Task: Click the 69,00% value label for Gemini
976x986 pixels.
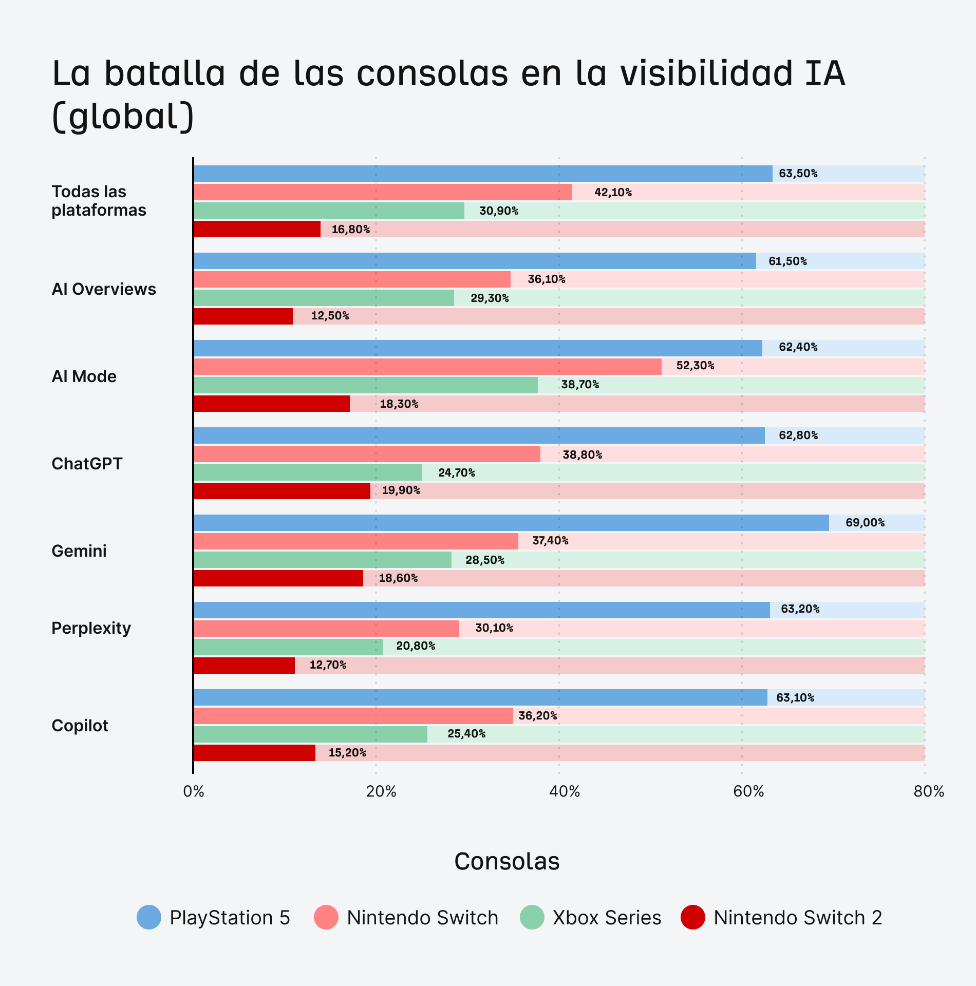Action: [x=865, y=523]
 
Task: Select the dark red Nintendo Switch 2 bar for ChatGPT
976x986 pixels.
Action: [x=281, y=491]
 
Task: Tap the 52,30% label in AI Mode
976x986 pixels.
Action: [x=695, y=366]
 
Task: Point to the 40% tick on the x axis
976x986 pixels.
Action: [x=564, y=791]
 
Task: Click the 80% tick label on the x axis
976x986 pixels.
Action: [x=929, y=791]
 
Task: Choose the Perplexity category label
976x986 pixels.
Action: [x=91, y=628]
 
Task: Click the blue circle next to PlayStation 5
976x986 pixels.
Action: [x=149, y=917]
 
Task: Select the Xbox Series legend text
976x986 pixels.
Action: [x=607, y=918]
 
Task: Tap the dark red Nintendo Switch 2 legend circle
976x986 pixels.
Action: [x=692, y=917]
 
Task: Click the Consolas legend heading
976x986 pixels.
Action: [x=506, y=861]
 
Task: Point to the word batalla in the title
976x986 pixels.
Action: [x=164, y=73]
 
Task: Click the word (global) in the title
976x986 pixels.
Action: [x=123, y=116]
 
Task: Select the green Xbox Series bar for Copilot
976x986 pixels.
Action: [x=310, y=734]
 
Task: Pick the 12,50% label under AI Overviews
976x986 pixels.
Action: [x=330, y=316]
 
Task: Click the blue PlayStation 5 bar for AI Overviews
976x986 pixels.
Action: [x=475, y=261]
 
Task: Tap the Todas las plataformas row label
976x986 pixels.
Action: [x=99, y=201]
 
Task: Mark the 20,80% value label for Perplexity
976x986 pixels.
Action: [x=416, y=646]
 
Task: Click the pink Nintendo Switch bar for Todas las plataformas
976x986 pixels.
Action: [x=383, y=192]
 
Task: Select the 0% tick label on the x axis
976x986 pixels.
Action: [x=194, y=791]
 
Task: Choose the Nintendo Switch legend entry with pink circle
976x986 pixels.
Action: [x=406, y=918]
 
